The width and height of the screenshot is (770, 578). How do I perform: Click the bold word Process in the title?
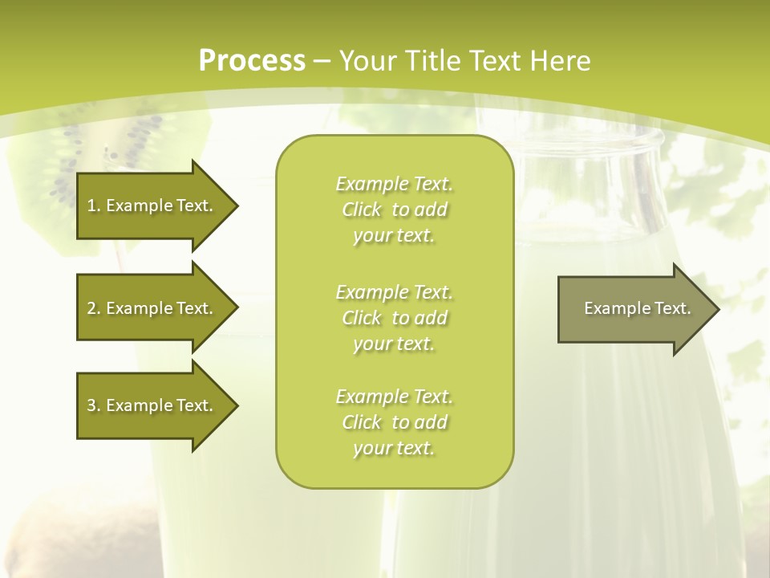pyautogui.click(x=252, y=61)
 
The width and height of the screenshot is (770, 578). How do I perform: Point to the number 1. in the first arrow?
pyautogui.click(x=93, y=206)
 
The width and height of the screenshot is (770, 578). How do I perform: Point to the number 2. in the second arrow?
pyautogui.click(x=93, y=308)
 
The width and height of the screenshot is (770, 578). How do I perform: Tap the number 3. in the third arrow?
pyautogui.click(x=93, y=405)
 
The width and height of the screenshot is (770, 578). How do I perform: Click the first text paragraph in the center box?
pyautogui.click(x=394, y=210)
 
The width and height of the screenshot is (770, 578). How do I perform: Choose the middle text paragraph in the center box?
pyautogui.click(x=394, y=318)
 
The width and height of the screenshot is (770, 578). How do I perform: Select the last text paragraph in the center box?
pyautogui.click(x=394, y=422)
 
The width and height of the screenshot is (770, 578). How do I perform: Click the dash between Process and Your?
pyautogui.click(x=322, y=61)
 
